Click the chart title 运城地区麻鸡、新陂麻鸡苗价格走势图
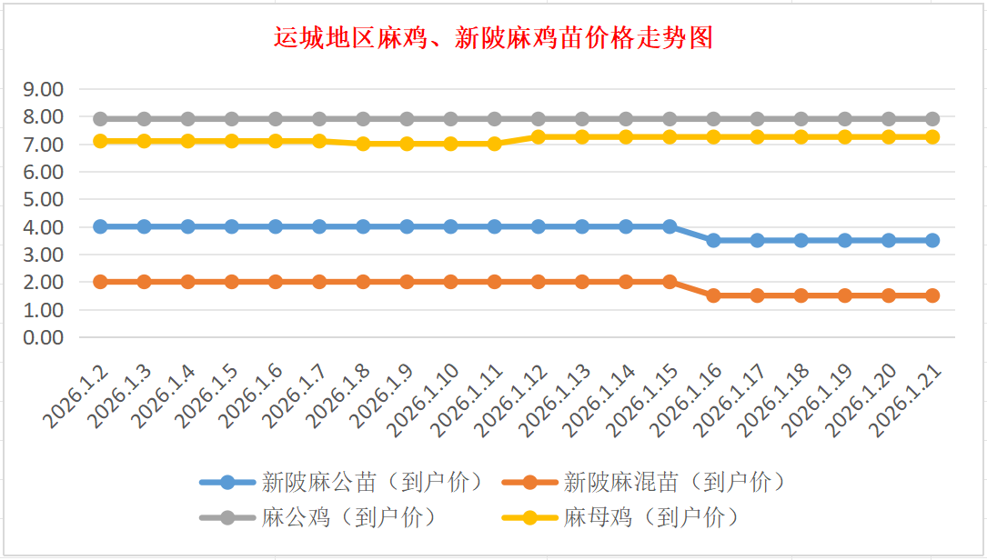(x=493, y=38)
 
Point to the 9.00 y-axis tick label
(x=43, y=89)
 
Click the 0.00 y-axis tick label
(x=43, y=337)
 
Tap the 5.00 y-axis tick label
(x=43, y=199)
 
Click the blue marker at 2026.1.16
(x=713, y=240)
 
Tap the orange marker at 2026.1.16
(x=713, y=295)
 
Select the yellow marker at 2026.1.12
(x=539, y=136)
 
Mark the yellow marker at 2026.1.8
(x=363, y=144)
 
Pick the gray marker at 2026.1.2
(x=100, y=119)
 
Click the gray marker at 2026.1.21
(x=932, y=119)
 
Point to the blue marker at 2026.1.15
(x=670, y=226)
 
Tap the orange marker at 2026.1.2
(x=100, y=282)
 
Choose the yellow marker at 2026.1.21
(x=932, y=136)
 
